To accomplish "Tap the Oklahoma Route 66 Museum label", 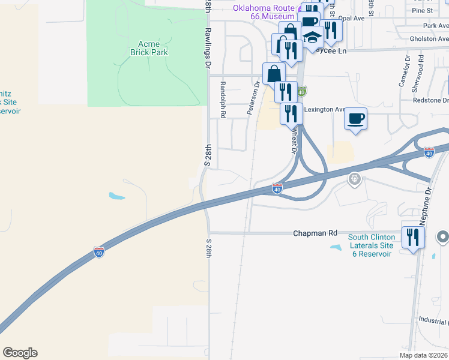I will point(264,12).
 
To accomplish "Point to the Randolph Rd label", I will point(223,100).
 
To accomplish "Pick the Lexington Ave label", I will point(325,110).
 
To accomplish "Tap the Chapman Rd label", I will point(316,233).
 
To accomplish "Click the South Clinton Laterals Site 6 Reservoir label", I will point(371,245).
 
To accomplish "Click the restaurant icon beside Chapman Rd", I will point(413,236).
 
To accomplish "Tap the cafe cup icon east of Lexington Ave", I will point(356,118).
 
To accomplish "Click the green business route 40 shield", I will point(302,91).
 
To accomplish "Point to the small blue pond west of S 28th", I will point(117,196).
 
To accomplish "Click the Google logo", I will point(20,353).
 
